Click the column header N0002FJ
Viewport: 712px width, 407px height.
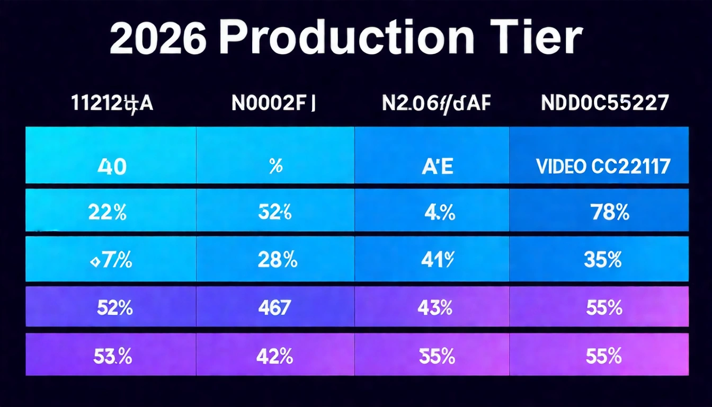(273, 103)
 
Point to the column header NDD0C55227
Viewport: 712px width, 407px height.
(604, 103)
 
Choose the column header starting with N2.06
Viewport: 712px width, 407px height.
(437, 103)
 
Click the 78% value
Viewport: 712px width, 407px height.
(610, 213)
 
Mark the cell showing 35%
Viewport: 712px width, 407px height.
(602, 260)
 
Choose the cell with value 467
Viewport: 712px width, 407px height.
(274, 307)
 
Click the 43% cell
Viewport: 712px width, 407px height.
(434, 307)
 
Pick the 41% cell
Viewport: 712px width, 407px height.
(438, 260)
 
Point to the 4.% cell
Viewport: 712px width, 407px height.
(439, 213)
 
